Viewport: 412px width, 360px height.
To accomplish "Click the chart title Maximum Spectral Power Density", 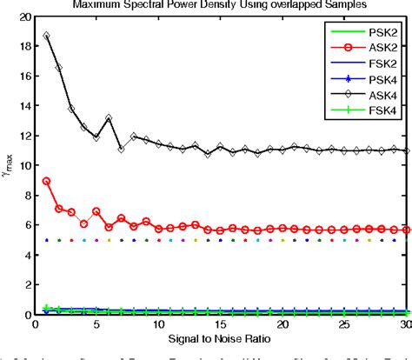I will pos(220,5).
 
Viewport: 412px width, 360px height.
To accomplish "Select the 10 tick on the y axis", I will pos(25,165).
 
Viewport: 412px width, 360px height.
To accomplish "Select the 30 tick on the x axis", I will pos(406,323).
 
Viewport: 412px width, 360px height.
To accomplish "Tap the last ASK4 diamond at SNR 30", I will pos(406,150).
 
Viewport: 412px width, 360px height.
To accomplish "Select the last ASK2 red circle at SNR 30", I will pos(406,230).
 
